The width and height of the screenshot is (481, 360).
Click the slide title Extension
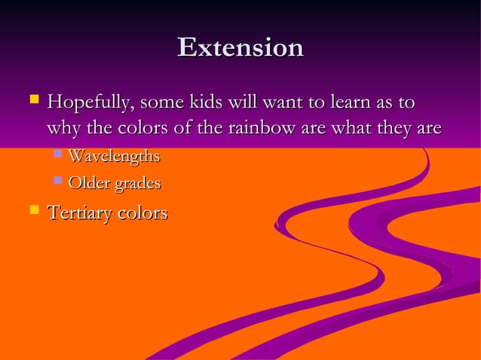tap(240, 47)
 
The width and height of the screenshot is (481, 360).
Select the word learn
tap(342, 101)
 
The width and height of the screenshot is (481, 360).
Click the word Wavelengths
tap(114, 157)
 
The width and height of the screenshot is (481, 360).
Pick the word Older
tap(87, 182)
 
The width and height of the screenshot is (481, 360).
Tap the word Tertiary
tap(81, 213)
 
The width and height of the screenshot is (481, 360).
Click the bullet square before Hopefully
tap(33, 99)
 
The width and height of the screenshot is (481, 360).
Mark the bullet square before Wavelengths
tap(57, 154)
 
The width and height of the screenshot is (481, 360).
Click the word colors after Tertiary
tap(142, 213)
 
